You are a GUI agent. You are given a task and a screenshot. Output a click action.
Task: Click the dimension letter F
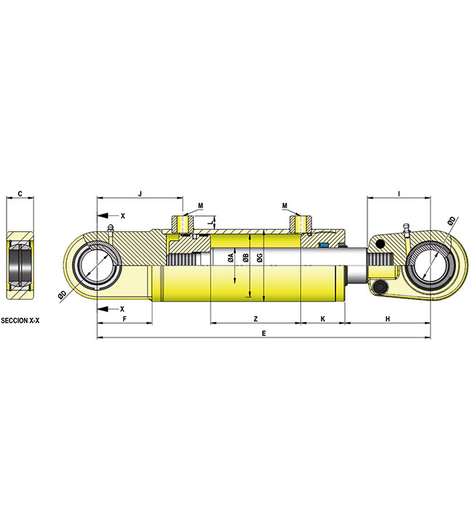point(124,319)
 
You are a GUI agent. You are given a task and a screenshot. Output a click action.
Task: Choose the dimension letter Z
point(255,319)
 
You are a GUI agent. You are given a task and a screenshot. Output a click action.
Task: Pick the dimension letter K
point(322,319)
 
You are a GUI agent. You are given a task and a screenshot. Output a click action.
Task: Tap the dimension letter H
point(388,319)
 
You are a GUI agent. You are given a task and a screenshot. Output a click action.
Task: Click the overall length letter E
point(264,333)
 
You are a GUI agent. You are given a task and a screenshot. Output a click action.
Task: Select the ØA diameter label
point(230,258)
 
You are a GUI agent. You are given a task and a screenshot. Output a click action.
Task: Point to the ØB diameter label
point(247,258)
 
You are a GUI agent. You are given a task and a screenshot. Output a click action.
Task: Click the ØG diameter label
point(259,258)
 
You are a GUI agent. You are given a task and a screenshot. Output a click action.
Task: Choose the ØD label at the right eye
point(452,220)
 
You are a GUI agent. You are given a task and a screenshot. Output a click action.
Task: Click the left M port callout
point(200,205)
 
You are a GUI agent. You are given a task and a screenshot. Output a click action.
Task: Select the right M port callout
point(285,205)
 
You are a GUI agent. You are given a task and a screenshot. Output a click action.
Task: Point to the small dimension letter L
point(211,220)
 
